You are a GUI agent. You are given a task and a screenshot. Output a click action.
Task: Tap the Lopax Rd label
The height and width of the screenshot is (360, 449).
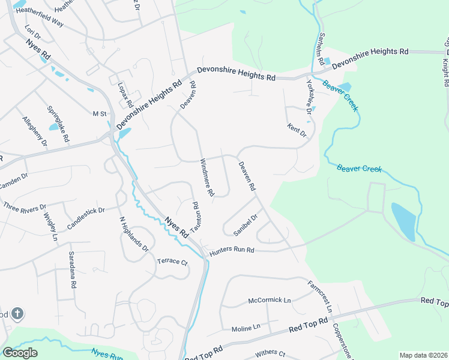125,94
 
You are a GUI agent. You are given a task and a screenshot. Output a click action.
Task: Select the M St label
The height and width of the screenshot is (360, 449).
99,113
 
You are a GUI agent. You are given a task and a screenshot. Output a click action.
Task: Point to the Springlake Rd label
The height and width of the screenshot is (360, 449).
58,124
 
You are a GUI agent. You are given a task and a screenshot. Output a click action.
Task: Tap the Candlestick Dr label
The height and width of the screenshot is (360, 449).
86,218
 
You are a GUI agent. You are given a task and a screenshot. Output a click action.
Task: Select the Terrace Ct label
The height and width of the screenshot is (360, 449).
172,262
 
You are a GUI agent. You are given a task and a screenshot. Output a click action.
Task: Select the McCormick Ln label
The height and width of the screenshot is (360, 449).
270,300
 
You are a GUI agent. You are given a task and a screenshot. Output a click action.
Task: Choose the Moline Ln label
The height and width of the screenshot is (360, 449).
246,328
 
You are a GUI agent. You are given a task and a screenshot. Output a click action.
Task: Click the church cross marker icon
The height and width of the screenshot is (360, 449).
17,313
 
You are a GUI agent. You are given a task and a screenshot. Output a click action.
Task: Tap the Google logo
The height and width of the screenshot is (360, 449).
20,353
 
